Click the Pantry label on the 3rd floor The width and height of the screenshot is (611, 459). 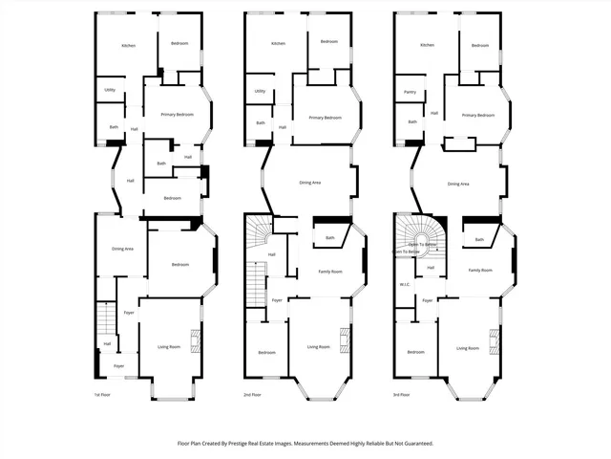point(410,93)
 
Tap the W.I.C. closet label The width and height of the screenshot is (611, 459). point(404,284)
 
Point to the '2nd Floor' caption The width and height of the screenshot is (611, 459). point(253,394)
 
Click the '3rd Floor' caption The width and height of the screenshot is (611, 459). point(402,394)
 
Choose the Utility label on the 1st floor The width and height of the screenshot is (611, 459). point(111,92)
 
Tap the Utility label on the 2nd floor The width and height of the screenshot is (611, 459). point(260,92)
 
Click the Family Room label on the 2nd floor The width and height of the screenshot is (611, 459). point(329,272)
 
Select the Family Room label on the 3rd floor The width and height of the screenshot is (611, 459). point(479,271)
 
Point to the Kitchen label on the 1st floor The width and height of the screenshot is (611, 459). point(128,46)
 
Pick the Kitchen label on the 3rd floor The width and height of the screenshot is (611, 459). point(427,45)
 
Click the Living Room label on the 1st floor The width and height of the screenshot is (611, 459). point(168,346)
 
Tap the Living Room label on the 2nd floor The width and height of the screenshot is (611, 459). point(318,346)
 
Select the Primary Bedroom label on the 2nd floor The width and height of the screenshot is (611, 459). point(326,118)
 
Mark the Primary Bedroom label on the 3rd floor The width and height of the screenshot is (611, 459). point(477,115)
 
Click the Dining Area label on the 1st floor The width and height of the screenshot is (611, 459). point(122,249)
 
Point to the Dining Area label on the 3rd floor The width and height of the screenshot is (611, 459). point(458,183)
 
